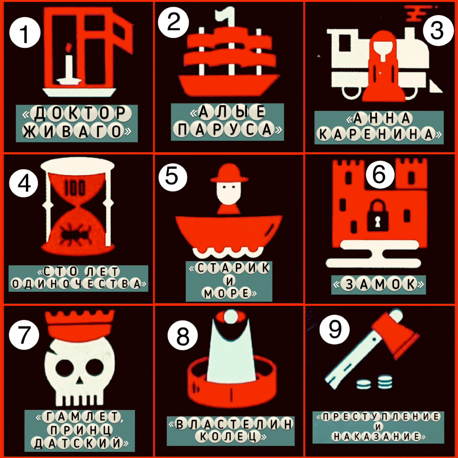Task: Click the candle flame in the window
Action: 69,47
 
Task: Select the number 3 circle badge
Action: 437,31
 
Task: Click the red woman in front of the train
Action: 383,66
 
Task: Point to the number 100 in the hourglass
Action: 75,188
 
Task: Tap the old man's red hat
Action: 229,173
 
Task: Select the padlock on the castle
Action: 378,215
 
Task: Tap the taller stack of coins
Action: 385,382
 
